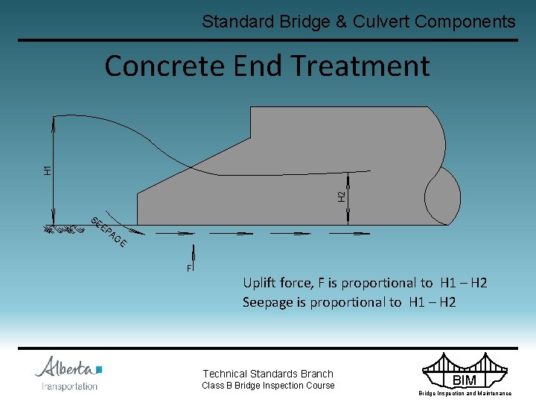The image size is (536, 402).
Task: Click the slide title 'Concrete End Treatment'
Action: point(267,66)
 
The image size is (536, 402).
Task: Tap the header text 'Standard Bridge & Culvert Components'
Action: point(358,22)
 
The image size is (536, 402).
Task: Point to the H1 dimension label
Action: point(48,170)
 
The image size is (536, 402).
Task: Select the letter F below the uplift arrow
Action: point(189,267)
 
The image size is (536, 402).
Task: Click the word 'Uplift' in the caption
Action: point(260,283)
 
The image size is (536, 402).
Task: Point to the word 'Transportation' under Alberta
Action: point(69,386)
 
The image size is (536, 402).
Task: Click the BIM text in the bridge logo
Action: point(465,380)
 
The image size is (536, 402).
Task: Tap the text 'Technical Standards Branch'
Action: point(268,374)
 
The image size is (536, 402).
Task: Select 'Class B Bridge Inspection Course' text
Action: point(268,386)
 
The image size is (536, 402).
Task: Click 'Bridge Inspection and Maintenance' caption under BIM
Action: point(465,393)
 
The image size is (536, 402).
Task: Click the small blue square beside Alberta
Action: point(99,369)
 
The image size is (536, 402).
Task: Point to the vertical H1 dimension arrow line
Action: point(54,171)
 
